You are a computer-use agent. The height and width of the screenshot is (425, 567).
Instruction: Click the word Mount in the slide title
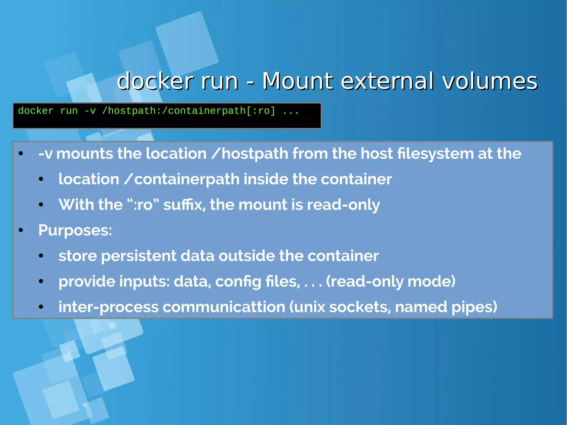pyautogui.click(x=298, y=81)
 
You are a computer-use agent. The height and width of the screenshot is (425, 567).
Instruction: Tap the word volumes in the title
pyautogui.click(x=490, y=81)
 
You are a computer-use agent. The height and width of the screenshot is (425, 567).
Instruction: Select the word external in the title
pyautogui.click(x=387, y=81)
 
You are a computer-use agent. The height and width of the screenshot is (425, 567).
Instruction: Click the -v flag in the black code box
pyautogui.click(x=90, y=111)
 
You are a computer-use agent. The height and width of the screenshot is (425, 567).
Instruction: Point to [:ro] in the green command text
pyautogui.click(x=261, y=111)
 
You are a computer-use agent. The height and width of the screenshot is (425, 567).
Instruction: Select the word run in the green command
pyautogui.click(x=69, y=111)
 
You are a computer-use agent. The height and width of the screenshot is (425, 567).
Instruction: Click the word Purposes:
pyautogui.click(x=75, y=230)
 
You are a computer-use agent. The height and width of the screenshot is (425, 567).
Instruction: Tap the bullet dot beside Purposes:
pyautogui.click(x=21, y=230)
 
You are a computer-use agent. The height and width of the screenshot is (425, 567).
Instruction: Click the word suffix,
pyautogui.click(x=184, y=205)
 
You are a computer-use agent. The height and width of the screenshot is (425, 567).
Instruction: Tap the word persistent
pyautogui.click(x=139, y=256)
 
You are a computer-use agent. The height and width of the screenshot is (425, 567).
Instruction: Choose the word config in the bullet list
pyautogui.click(x=238, y=281)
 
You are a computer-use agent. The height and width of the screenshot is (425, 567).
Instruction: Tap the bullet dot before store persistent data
pyautogui.click(x=41, y=256)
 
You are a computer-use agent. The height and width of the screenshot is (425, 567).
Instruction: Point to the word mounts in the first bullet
pyautogui.click(x=84, y=154)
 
